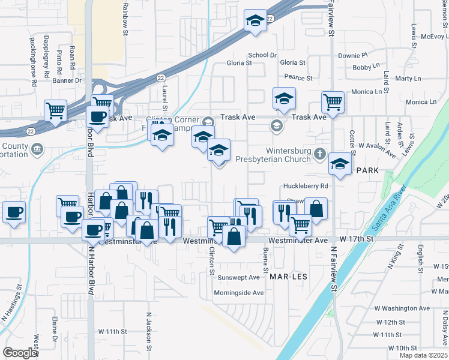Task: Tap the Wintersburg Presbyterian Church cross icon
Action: point(319,154)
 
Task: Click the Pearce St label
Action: point(298,78)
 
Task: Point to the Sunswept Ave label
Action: point(239,278)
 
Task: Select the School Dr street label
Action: point(262,55)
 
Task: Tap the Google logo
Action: point(20,353)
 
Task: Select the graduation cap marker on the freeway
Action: point(255,20)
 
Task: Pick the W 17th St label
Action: point(356,239)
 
